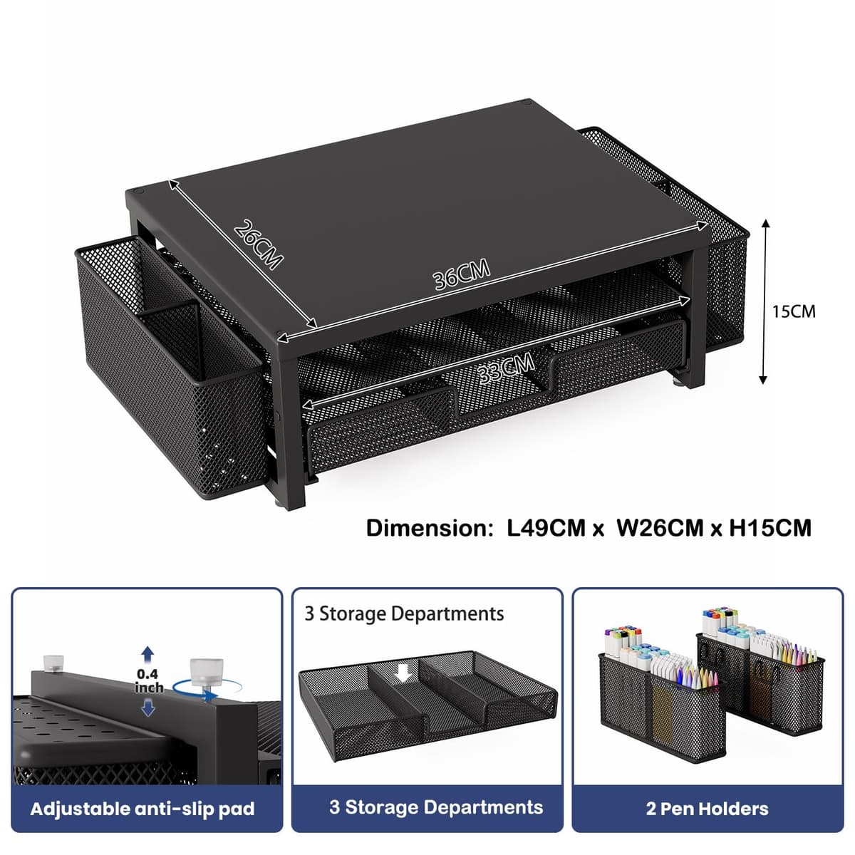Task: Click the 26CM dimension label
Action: click(258, 244)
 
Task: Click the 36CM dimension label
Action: click(462, 274)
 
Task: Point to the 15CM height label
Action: click(794, 311)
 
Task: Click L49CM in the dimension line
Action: click(546, 529)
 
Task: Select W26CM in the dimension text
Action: click(660, 529)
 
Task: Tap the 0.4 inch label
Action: click(149, 681)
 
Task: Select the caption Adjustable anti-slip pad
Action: click(142, 809)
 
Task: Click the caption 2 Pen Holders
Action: click(708, 809)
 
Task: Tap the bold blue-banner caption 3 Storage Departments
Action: click(436, 807)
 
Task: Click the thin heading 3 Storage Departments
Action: click(404, 614)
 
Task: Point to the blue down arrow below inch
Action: click(148, 708)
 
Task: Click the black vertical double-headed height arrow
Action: click(763, 301)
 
